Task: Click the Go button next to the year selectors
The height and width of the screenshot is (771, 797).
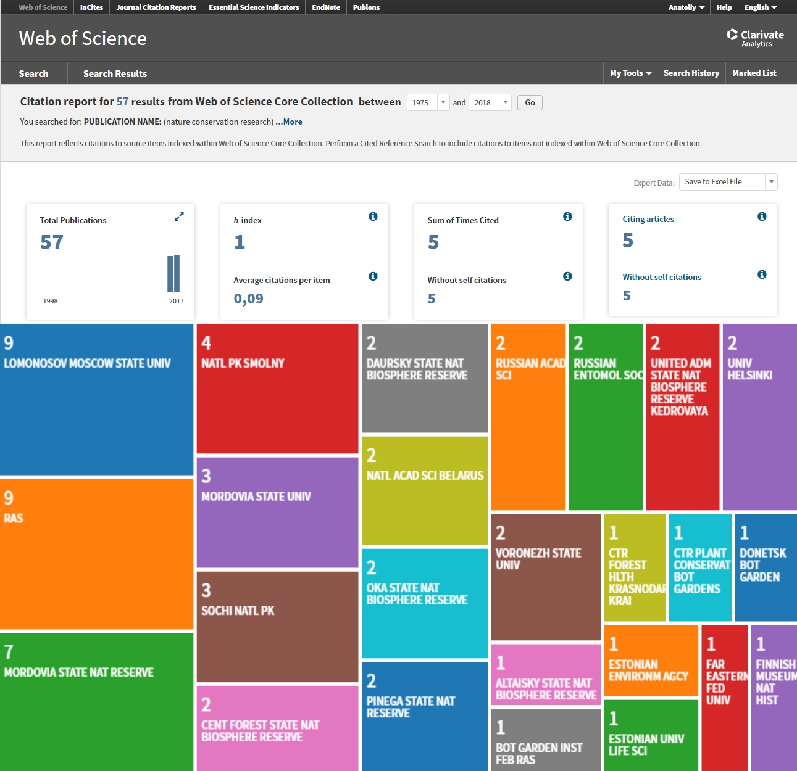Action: [530, 103]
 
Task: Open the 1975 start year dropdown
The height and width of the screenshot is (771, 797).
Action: [428, 102]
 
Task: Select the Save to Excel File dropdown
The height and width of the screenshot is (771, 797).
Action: [728, 182]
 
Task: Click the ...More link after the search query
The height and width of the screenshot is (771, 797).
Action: [289, 122]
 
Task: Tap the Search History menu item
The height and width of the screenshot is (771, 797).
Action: [691, 73]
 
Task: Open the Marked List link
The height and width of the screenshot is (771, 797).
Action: [754, 73]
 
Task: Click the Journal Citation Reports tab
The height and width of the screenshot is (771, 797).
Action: [156, 7]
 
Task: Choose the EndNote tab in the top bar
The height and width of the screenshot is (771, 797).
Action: [325, 7]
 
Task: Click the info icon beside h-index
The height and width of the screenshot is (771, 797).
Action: [373, 216]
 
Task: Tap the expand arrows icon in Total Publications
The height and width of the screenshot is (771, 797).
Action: [179, 216]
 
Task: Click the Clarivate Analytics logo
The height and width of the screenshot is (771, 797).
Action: [755, 38]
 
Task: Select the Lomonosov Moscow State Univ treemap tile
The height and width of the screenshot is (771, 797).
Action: [97, 400]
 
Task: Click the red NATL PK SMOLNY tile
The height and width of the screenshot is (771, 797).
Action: [277, 389]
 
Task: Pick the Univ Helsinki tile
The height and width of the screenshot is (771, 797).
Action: [760, 416]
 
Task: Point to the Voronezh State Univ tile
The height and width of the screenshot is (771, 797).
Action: [546, 577]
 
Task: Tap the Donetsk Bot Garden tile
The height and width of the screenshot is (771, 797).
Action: [766, 567]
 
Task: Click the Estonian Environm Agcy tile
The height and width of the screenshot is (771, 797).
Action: [651, 661]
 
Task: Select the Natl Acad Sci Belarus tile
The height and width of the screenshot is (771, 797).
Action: [425, 491]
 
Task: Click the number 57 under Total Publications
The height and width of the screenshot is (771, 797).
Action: [52, 242]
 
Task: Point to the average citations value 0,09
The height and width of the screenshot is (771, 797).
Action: [249, 299]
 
